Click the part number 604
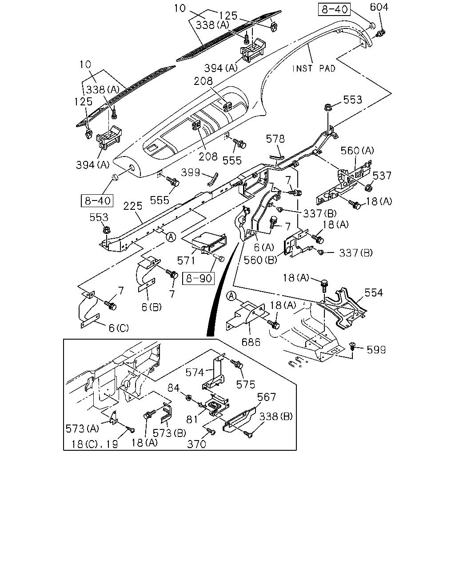(379, 7)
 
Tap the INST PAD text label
(314, 68)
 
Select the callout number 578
(275, 139)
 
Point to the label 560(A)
(357, 151)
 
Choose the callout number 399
(190, 172)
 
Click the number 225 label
(133, 206)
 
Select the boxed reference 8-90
(199, 278)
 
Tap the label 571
(186, 261)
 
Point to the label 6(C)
(119, 328)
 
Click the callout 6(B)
(152, 307)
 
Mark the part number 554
(374, 293)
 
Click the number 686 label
(251, 342)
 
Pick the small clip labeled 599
(352, 345)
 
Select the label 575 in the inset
(246, 385)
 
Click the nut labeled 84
(188, 397)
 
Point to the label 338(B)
(276, 417)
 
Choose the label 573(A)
(82, 429)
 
